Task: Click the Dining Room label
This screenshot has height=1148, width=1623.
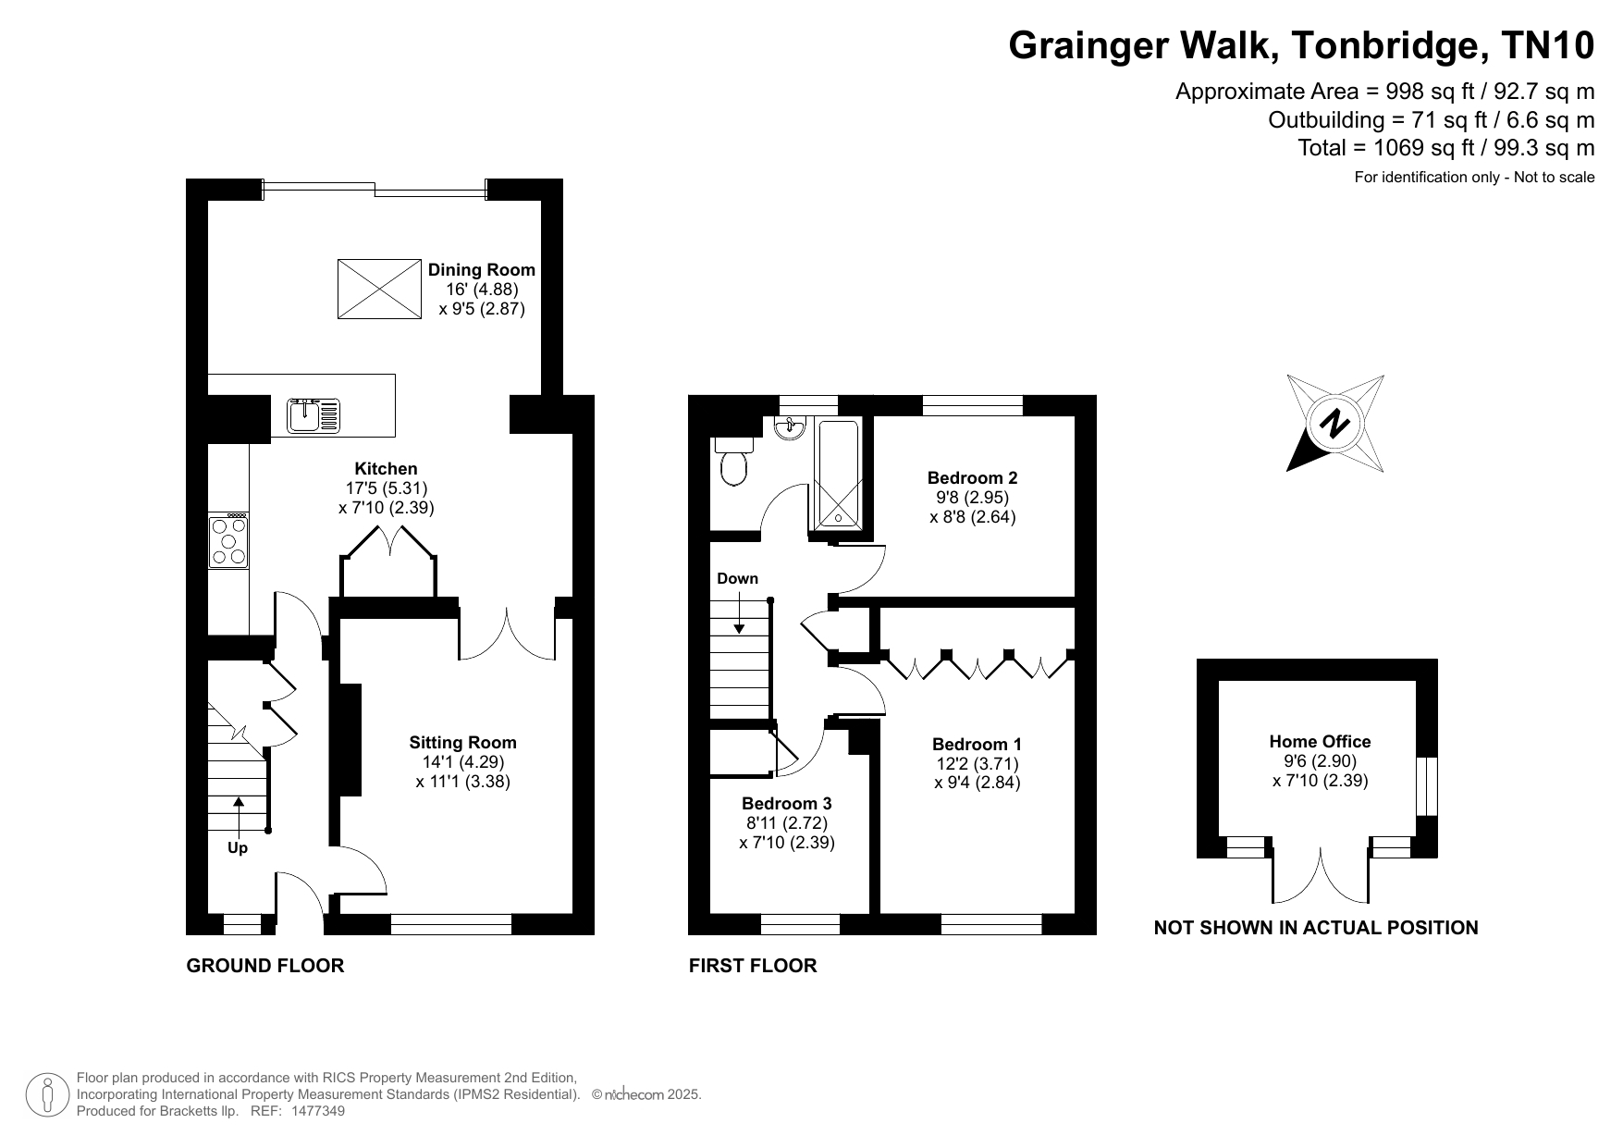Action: [481, 270]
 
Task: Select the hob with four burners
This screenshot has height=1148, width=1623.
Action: [228, 540]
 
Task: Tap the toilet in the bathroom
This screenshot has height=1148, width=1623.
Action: [734, 460]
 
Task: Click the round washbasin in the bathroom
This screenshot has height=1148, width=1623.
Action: [792, 427]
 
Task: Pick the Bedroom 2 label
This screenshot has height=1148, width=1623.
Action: [972, 478]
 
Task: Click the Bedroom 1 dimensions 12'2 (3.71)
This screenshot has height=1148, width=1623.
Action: [977, 764]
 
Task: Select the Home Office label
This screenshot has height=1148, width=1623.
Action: [1320, 741]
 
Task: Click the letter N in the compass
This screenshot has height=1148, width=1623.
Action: [1334, 424]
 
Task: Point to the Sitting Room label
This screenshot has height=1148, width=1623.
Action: [462, 743]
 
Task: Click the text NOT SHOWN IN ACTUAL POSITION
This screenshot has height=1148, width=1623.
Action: [1316, 928]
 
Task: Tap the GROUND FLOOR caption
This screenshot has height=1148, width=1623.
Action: [265, 966]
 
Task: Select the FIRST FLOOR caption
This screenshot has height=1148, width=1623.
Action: [753, 966]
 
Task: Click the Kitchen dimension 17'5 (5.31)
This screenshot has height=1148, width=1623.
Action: [386, 488]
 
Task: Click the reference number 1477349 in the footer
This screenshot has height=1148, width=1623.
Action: [318, 1111]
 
